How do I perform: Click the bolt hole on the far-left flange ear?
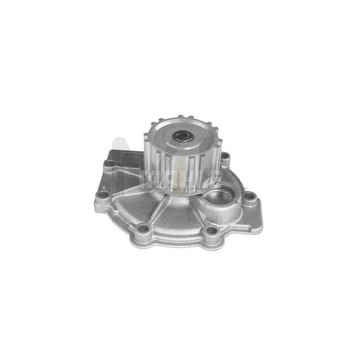[x=103, y=194]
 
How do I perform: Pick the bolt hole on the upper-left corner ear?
[x=109, y=163]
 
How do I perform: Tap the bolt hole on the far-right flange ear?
[x=251, y=198]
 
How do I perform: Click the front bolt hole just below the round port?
[x=212, y=230]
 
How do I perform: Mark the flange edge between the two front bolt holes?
[x=177, y=238]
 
